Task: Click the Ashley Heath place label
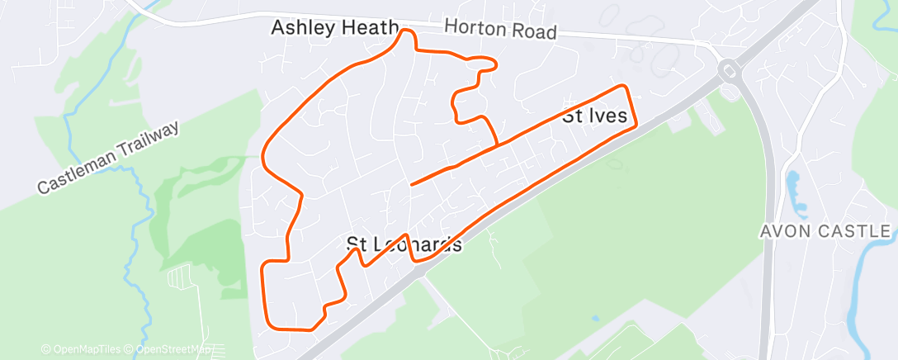click(335, 28)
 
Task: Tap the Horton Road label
click(500, 30)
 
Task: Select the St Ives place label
click(600, 116)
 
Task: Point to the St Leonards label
click(404, 244)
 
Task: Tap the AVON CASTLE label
click(825, 231)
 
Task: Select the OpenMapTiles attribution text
click(80, 349)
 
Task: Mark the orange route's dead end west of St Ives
click(412, 183)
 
